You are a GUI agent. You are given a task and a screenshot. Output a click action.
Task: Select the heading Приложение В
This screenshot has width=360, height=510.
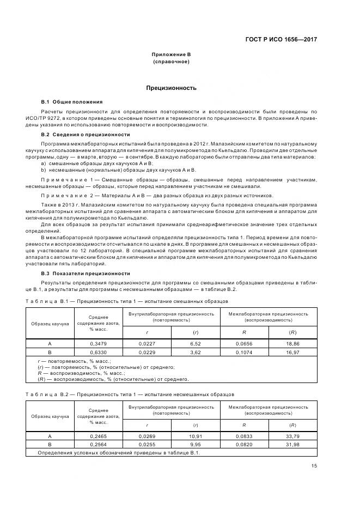(171, 55)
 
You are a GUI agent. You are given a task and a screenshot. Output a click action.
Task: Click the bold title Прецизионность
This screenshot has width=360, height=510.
(171, 88)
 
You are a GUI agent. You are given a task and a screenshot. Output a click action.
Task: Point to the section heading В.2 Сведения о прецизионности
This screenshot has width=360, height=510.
(86, 134)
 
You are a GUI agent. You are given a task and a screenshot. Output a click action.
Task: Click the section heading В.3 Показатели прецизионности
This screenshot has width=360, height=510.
(86, 273)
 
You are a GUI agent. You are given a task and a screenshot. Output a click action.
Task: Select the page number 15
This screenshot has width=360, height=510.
(314, 465)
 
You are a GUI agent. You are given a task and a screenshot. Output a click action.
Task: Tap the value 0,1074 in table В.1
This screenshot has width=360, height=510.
(244, 352)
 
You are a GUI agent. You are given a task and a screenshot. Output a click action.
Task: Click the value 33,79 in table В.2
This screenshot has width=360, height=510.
(292, 436)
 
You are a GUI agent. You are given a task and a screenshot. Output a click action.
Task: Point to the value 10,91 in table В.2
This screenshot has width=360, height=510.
(196, 436)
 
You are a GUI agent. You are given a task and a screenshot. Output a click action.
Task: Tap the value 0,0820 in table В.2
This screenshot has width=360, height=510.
(244, 444)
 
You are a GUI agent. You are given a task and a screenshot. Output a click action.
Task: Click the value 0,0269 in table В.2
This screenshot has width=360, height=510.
(147, 436)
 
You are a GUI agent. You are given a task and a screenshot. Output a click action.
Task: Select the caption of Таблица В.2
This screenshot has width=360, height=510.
(131, 393)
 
